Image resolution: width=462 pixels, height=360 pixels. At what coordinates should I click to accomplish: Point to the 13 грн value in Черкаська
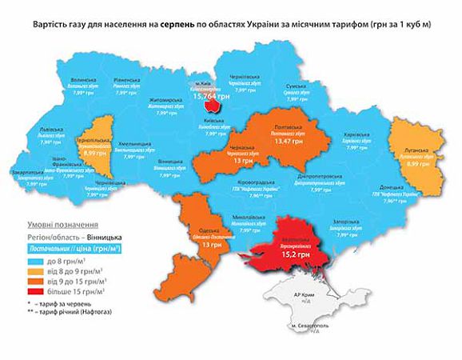[x=240, y=160]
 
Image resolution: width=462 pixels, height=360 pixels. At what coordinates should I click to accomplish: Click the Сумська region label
[x=297, y=84]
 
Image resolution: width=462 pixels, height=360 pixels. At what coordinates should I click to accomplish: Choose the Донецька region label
[x=392, y=187]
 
